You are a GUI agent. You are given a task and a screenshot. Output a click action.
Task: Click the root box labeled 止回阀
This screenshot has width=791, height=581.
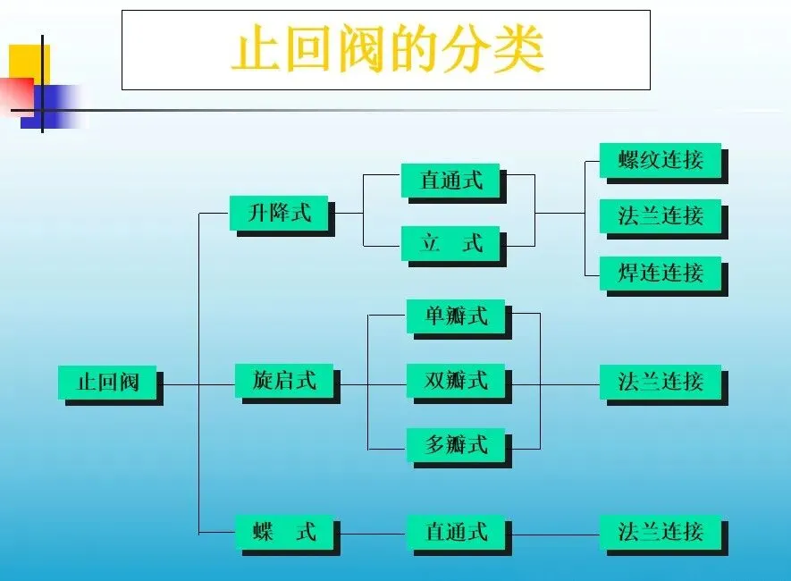[108, 383]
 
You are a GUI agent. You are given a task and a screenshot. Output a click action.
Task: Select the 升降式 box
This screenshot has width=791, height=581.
[279, 214]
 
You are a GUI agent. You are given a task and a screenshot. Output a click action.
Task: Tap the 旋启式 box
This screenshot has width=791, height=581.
[284, 381]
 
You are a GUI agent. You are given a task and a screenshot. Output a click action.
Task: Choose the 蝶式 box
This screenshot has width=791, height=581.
[284, 532]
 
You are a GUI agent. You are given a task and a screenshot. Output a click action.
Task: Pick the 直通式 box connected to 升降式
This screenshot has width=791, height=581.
[450, 181]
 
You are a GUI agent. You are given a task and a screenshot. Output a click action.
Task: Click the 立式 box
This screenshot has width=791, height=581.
[450, 242]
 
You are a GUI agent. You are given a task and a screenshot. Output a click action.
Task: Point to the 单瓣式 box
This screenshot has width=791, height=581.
[456, 316]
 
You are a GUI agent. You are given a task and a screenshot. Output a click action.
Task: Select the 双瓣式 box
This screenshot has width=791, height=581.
[456, 381]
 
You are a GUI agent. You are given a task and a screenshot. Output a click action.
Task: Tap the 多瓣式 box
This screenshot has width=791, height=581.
[456, 443]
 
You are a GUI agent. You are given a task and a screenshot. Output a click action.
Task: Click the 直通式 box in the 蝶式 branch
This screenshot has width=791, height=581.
[456, 532]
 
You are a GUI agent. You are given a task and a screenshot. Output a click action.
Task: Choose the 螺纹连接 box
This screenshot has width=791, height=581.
[661, 161]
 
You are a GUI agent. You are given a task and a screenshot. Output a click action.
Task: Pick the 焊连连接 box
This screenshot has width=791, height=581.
[661, 273]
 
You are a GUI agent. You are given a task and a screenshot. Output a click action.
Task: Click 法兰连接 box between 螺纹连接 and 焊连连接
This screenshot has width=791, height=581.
[661, 215]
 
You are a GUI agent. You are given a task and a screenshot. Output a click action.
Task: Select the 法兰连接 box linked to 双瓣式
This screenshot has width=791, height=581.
[661, 383]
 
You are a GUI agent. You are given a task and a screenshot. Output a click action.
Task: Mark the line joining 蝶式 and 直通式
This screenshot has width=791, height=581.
[373, 534]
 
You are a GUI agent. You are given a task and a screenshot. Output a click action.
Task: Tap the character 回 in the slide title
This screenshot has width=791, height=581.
[318, 51]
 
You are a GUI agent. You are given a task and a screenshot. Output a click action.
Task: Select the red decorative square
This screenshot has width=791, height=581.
[16, 93]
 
